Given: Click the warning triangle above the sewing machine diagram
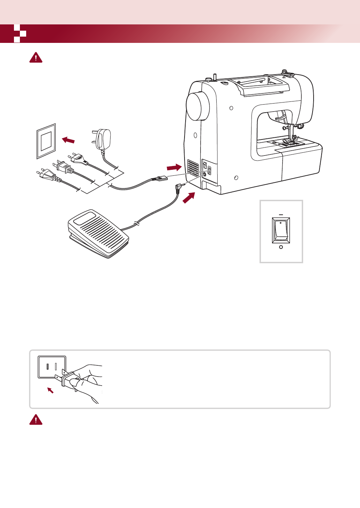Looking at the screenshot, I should pyautogui.click(x=36, y=58).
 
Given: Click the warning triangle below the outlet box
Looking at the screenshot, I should pyautogui.click(x=36, y=420).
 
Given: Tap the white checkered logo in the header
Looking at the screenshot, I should pyautogui.click(x=20, y=34).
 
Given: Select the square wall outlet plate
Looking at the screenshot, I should pyautogui.click(x=46, y=141).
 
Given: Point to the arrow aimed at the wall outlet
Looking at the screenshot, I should pyautogui.click(x=68, y=140).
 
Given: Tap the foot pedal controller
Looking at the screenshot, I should pyautogui.click(x=98, y=234).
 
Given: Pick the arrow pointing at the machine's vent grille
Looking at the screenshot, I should pyautogui.click(x=174, y=167).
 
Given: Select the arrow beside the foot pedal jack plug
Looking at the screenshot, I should pyautogui.click(x=189, y=198).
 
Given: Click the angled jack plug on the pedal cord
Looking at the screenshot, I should pyautogui.click(x=180, y=188).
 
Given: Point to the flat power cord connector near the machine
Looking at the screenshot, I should pyautogui.click(x=160, y=179).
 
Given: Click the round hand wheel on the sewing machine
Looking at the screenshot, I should pyautogui.click(x=198, y=106).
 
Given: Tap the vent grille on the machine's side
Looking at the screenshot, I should pyautogui.click(x=193, y=167).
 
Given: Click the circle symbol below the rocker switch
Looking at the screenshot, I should pyautogui.click(x=281, y=247).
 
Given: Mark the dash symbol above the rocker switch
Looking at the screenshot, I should pyautogui.click(x=281, y=215).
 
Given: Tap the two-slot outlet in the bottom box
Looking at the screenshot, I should pyautogui.click(x=52, y=367).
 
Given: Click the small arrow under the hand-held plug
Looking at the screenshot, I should pyautogui.click(x=51, y=390).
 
